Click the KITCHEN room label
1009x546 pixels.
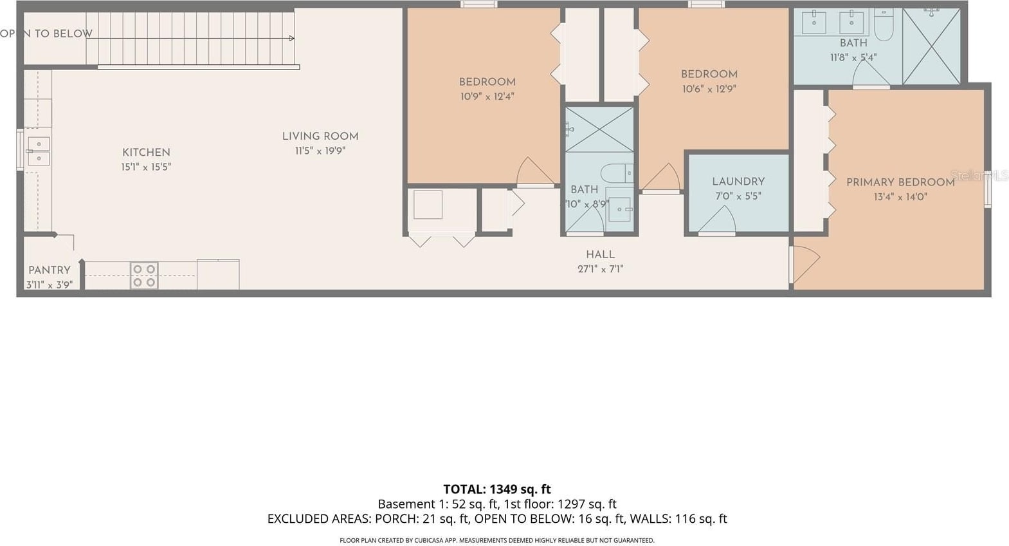[147, 153]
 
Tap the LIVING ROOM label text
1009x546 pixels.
[320, 136]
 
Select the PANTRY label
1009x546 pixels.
[50, 270]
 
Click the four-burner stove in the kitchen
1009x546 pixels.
[144, 276]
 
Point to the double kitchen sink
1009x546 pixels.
[39, 151]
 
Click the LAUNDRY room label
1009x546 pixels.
[738, 182]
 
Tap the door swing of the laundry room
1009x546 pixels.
[717, 220]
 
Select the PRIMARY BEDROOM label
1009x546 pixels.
[900, 183]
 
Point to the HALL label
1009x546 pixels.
[601, 255]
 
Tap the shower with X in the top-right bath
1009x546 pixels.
[932, 46]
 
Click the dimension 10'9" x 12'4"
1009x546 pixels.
[487, 97]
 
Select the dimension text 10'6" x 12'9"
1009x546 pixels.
[709, 89]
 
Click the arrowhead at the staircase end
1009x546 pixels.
[292, 39]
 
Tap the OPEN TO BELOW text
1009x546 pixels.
[46, 34]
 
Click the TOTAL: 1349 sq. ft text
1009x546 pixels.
[497, 489]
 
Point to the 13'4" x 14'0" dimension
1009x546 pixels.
[900, 197]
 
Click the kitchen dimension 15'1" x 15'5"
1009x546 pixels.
[146, 167]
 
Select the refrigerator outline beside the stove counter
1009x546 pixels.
[218, 274]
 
